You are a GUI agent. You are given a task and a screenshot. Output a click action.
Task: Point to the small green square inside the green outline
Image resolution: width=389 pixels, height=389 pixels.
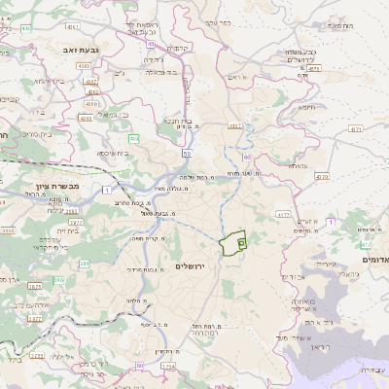(240, 242)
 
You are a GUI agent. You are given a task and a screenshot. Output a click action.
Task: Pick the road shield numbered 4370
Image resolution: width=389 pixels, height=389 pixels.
(322, 177)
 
